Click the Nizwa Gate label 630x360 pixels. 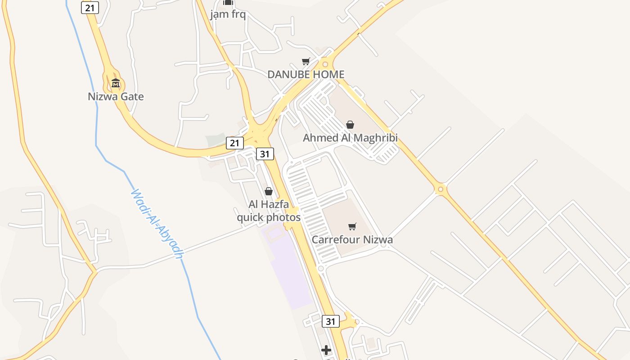116,97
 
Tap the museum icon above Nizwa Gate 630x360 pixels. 116,83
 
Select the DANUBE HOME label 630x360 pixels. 306,75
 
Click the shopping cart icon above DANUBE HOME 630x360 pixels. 306,61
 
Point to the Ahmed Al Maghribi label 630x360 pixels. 350,138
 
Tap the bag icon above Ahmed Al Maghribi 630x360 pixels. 350,125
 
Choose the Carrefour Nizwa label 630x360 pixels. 352,239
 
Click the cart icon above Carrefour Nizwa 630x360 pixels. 352,226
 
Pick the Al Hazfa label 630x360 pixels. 269,205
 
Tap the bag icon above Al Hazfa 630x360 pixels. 269,191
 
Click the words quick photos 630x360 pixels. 269,218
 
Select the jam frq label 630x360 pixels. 228,14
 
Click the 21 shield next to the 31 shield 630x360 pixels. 234,143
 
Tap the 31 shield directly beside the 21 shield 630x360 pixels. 265,154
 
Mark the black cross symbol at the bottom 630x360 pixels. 326,350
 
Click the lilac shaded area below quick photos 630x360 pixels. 290,270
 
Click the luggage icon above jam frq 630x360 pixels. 228,2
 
